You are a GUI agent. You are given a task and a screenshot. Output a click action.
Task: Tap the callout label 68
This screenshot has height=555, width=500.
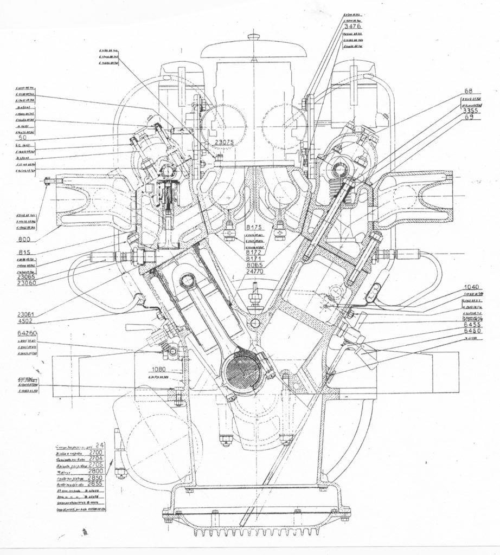click(x=469, y=91)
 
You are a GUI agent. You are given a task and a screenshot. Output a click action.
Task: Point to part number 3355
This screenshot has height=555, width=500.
click(x=470, y=111)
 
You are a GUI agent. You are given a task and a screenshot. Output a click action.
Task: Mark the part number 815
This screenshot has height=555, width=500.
click(x=24, y=252)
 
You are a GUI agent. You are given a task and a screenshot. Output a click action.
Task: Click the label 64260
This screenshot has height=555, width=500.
click(x=27, y=333)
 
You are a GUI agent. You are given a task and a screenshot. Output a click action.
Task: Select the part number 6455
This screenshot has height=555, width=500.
click(x=473, y=324)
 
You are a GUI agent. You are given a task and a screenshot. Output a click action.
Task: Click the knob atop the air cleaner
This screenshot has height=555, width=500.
click(x=254, y=36)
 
